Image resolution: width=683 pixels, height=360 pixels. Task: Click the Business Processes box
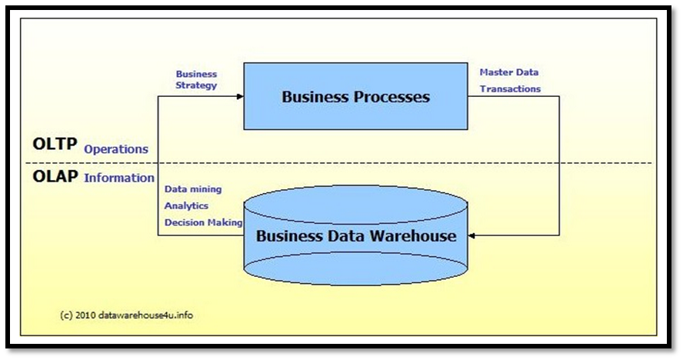coord(355,96)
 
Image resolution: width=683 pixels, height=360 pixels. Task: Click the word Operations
coord(116,149)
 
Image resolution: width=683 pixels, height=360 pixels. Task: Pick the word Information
coord(119,178)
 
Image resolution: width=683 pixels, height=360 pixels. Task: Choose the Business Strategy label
coord(196,79)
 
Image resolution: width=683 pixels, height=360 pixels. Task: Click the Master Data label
coord(509,72)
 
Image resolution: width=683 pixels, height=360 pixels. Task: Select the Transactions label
coord(510,88)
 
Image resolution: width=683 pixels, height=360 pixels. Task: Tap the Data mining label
coord(193,188)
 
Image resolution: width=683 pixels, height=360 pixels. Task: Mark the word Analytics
coord(186,205)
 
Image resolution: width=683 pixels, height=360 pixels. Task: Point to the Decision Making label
coord(203,222)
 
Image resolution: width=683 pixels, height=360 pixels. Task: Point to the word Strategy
coord(196,85)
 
